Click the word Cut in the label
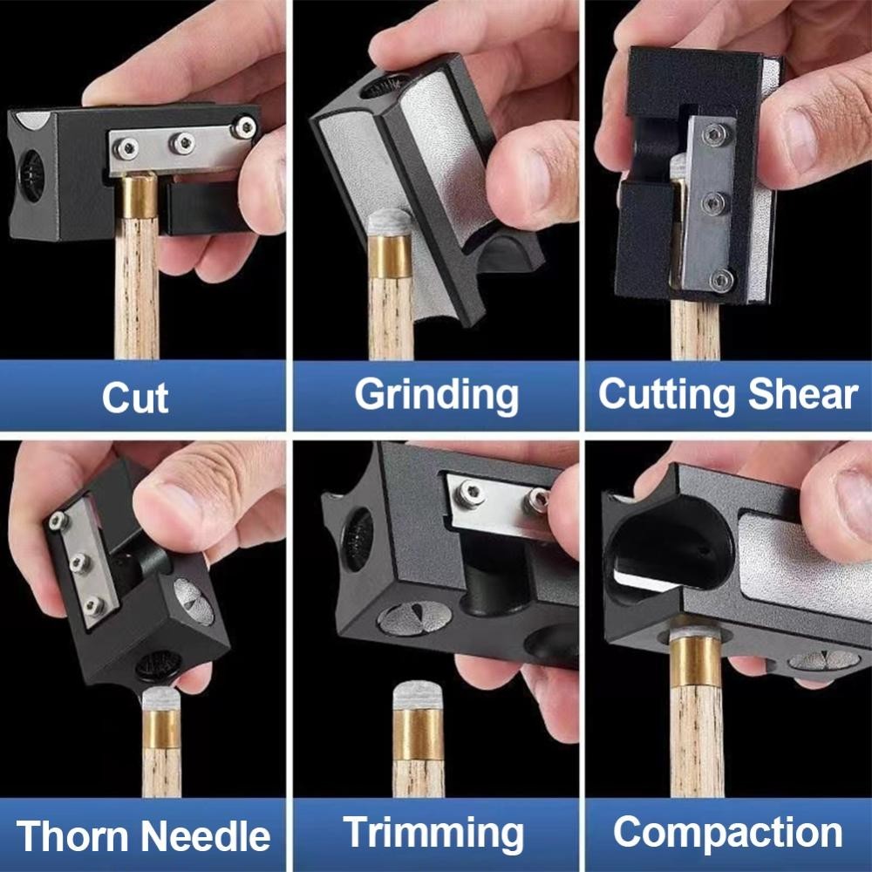click(x=134, y=397)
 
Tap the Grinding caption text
click(x=436, y=395)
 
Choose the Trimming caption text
click(x=433, y=833)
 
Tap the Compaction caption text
click(x=727, y=833)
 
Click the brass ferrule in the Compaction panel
click(x=695, y=663)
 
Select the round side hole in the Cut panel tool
click(x=31, y=177)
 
